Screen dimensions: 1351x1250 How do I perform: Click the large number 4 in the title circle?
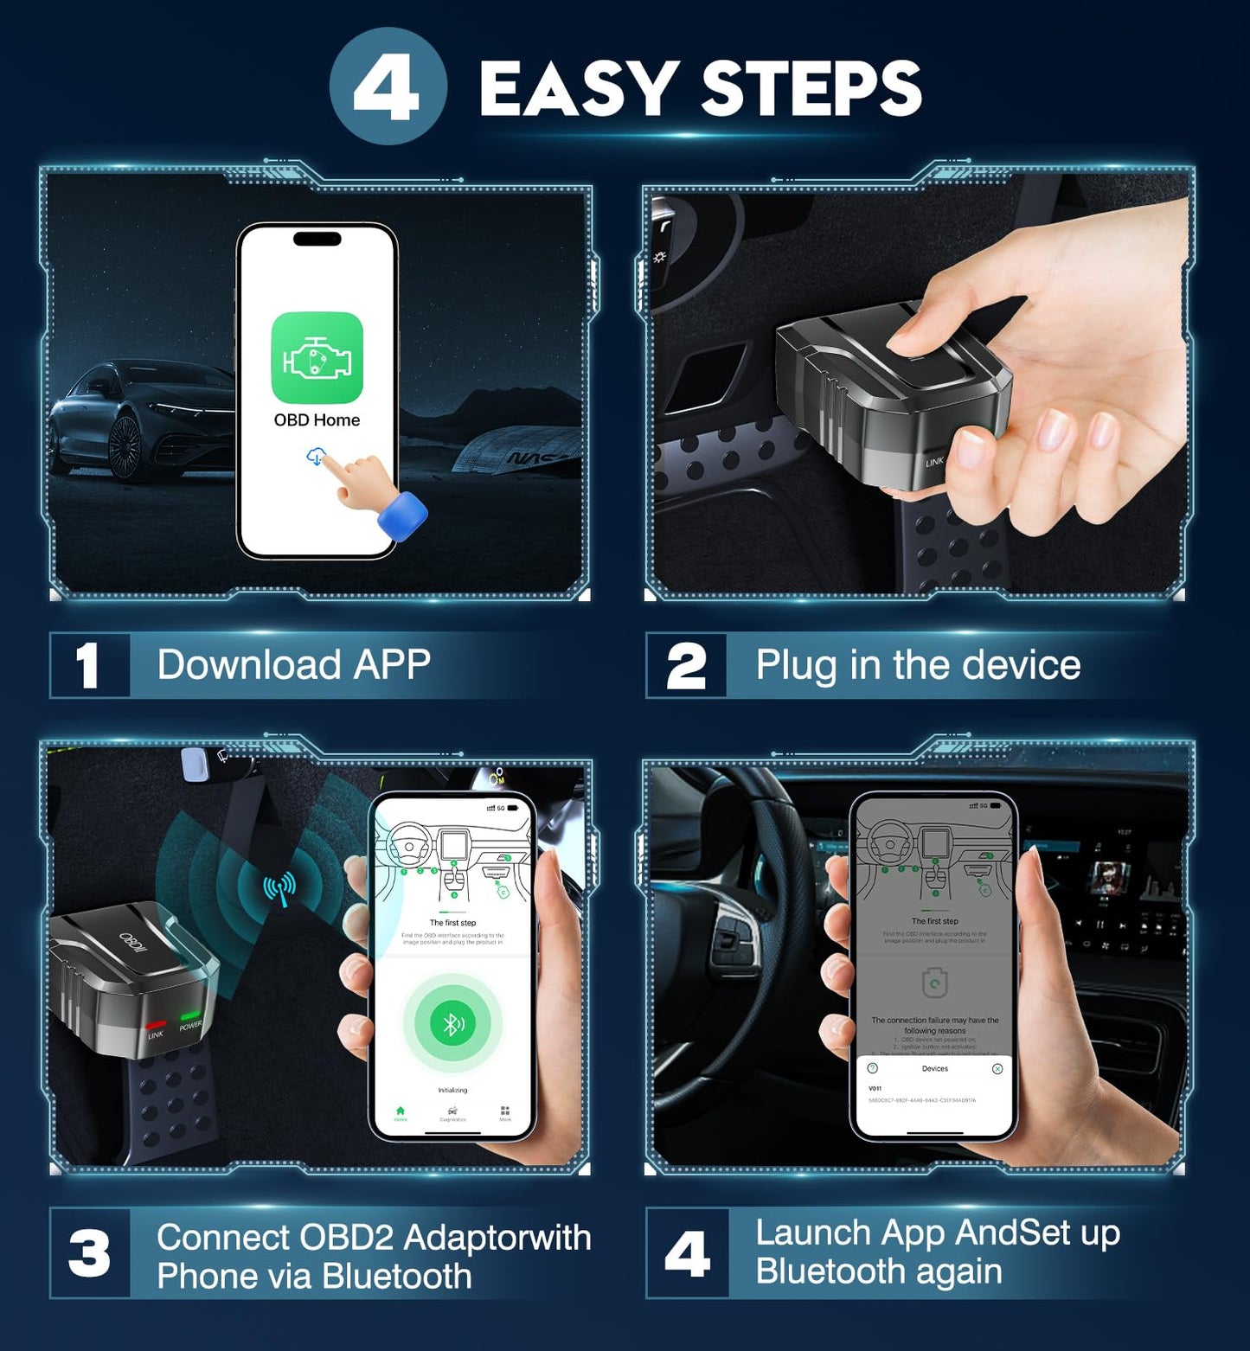(x=387, y=89)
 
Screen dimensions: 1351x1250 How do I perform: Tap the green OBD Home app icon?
(x=317, y=357)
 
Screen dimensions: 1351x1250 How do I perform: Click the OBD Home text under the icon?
(x=317, y=420)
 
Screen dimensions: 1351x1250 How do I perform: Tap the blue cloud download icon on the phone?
(x=316, y=456)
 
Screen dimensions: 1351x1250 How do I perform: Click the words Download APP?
(x=293, y=665)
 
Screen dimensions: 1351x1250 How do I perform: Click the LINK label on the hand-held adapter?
(x=934, y=462)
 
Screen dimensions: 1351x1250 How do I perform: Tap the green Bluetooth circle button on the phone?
(x=452, y=1024)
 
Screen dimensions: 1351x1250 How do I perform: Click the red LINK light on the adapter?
(x=157, y=1024)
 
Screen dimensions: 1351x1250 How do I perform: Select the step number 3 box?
(x=89, y=1254)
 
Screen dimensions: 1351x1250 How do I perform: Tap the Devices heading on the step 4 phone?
(x=934, y=1069)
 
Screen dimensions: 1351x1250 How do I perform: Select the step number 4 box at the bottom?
(x=687, y=1254)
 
